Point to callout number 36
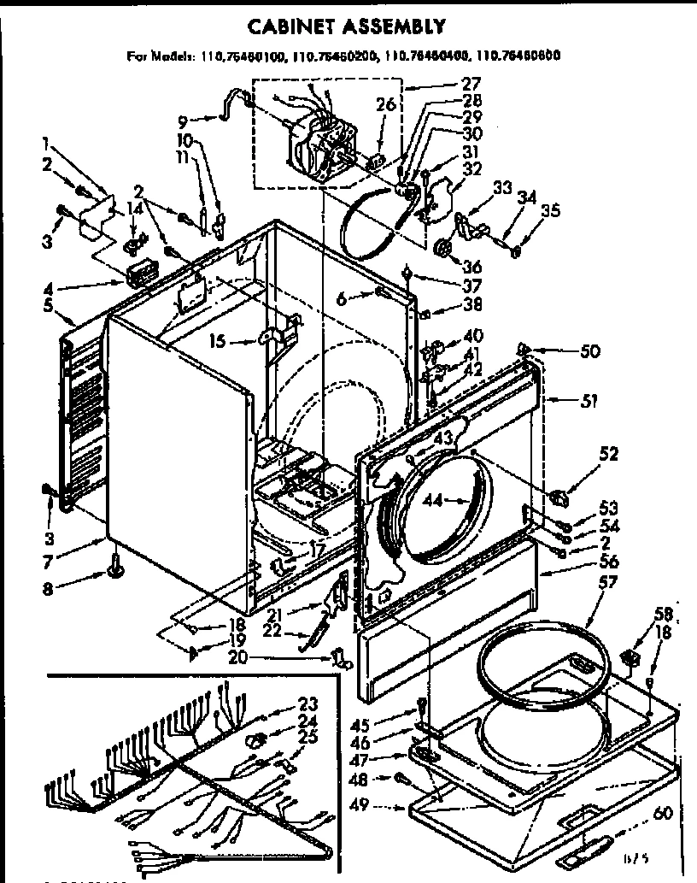click(471, 266)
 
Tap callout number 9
click(183, 120)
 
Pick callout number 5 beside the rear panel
click(49, 303)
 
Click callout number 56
click(584, 562)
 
